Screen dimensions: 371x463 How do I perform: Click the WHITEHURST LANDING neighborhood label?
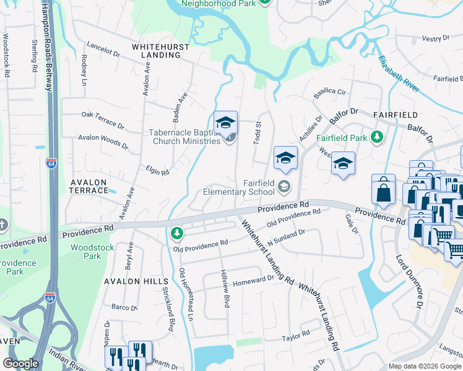click(x=156, y=50)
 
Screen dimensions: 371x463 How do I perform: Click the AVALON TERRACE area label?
click(x=89, y=186)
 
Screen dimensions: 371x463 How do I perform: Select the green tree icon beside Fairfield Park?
click(x=376, y=137)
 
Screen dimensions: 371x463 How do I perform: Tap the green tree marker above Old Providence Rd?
click(x=177, y=233)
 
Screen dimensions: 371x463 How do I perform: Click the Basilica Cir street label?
click(x=330, y=92)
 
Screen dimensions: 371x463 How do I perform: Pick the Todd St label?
click(x=257, y=132)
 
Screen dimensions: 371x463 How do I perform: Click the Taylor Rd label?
click(x=295, y=336)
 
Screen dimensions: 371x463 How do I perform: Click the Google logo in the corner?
click(x=20, y=364)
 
